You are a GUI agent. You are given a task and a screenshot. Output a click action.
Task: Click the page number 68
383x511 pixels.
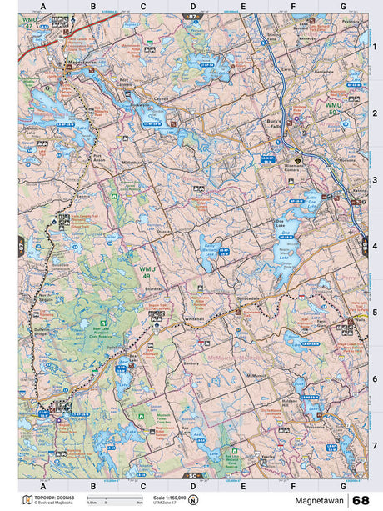point(361,500)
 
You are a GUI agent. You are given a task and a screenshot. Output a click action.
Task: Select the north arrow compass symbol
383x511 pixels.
point(193,500)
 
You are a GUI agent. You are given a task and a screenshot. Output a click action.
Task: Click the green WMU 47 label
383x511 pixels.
point(30,22)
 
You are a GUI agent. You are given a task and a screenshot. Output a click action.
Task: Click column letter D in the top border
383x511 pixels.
point(193,7)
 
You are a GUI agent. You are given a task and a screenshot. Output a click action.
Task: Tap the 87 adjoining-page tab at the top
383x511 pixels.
point(193,16)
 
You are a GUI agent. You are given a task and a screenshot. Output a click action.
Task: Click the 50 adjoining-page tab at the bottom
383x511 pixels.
point(193,475)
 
